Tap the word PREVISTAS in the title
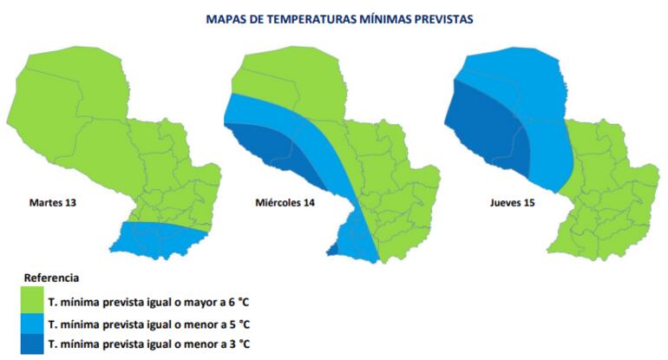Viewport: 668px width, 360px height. point(442,17)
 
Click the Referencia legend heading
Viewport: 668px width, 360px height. point(51,278)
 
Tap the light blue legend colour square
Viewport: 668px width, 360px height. point(34,324)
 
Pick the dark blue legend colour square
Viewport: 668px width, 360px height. point(34,345)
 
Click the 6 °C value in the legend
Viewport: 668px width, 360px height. point(237,302)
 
